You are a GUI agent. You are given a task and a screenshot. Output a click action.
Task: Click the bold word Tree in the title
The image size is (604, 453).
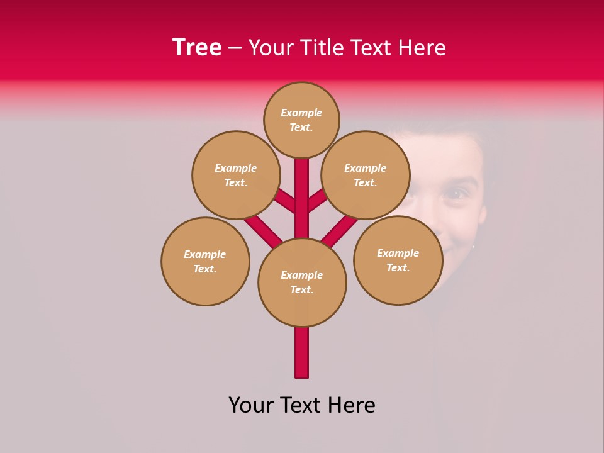[x=197, y=48]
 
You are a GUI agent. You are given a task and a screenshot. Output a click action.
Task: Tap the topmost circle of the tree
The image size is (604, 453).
[x=301, y=120]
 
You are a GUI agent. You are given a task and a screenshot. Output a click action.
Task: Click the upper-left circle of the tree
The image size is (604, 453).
[x=235, y=175]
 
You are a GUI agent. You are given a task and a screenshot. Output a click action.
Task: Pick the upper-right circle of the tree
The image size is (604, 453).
[x=365, y=175]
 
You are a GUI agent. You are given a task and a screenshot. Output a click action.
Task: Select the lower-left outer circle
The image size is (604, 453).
[x=205, y=261]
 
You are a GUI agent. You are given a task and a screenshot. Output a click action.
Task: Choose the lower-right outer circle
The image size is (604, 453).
[x=398, y=260]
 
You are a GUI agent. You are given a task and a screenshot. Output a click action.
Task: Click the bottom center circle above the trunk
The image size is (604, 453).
[x=302, y=282]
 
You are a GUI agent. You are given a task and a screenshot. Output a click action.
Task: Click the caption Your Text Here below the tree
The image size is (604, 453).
[x=302, y=405]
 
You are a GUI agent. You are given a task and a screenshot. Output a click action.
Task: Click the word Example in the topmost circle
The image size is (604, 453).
[x=301, y=113]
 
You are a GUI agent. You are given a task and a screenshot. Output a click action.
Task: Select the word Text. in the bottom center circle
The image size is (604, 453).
[x=302, y=290]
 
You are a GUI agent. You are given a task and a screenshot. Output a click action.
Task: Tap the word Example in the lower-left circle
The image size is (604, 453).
[x=205, y=255]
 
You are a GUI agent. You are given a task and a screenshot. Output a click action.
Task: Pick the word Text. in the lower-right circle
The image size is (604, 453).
[x=398, y=268]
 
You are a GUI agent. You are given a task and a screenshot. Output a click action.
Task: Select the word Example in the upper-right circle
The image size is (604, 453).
[x=365, y=169]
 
